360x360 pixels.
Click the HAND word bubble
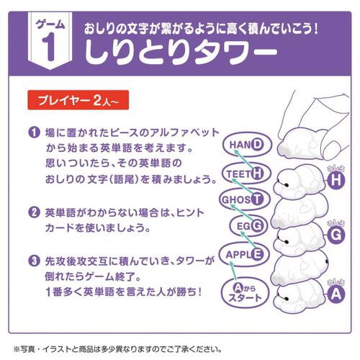tap(248, 145)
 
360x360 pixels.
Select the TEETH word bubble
tap(243, 172)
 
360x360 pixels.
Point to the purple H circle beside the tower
tap(333, 181)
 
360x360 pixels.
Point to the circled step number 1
tap(34, 133)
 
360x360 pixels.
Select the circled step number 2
tap(34, 213)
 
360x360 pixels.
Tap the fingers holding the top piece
tap(317, 115)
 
